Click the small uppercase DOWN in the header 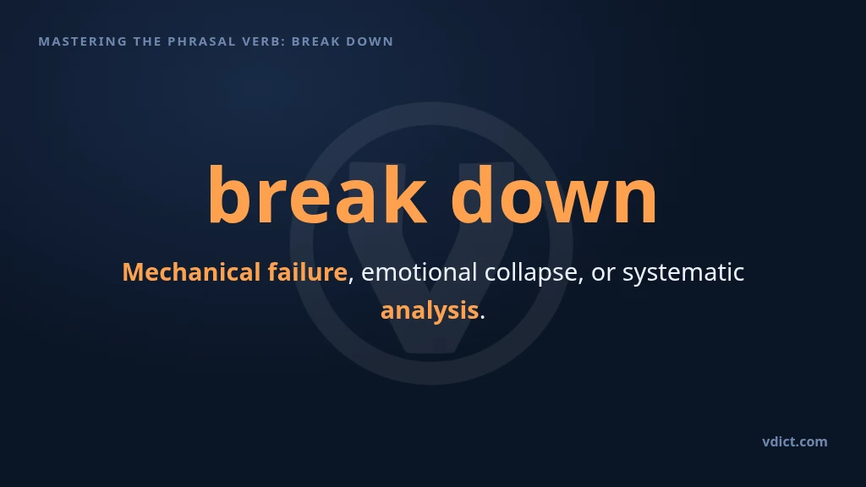(x=368, y=41)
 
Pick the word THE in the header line (x=147, y=41)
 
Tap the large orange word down (x=554, y=194)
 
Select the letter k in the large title (x=405, y=194)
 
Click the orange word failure (x=308, y=272)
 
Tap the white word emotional (x=419, y=272)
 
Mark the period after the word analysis (x=482, y=318)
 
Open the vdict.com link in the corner (x=795, y=441)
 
